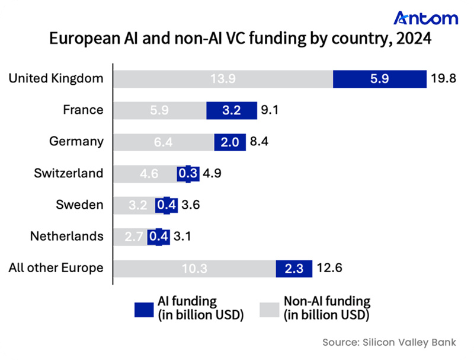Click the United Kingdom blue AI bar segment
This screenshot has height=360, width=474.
(x=379, y=78)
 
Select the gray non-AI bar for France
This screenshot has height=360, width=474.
(x=159, y=110)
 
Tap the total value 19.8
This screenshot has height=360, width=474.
(x=443, y=78)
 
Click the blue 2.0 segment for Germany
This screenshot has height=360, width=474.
(x=230, y=141)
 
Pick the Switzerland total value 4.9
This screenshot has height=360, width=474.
(x=212, y=173)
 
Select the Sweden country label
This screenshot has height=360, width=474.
(x=79, y=205)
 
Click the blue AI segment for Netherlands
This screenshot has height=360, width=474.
(x=159, y=236)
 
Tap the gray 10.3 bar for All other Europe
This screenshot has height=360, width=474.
(x=194, y=268)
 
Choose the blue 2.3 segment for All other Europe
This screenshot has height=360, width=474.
(x=294, y=268)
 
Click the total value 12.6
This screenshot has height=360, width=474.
(x=329, y=268)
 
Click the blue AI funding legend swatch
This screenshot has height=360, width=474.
(x=145, y=308)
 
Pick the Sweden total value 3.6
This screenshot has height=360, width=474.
(x=191, y=205)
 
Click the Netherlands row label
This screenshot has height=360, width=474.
(x=66, y=236)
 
